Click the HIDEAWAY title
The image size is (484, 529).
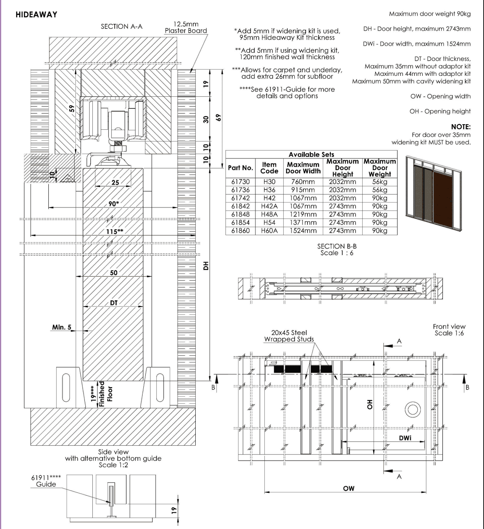point(37,15)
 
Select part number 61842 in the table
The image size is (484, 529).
point(240,206)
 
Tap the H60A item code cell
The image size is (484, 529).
point(269,231)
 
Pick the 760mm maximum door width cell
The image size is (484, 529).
point(303,182)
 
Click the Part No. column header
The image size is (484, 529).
point(240,168)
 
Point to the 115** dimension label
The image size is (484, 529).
point(115,231)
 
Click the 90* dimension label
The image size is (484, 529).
point(114,204)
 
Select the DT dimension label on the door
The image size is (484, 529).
point(114,303)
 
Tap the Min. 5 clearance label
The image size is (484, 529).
point(62,327)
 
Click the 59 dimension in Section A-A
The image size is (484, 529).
point(72,108)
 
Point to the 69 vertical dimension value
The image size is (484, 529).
point(218,118)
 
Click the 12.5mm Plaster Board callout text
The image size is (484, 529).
point(186,28)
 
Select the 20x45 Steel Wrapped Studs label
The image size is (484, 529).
point(289,336)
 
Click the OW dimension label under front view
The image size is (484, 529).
point(348,489)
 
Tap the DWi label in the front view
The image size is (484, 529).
point(405,438)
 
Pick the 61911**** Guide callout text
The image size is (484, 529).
point(46,481)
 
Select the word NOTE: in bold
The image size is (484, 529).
point(461,127)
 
